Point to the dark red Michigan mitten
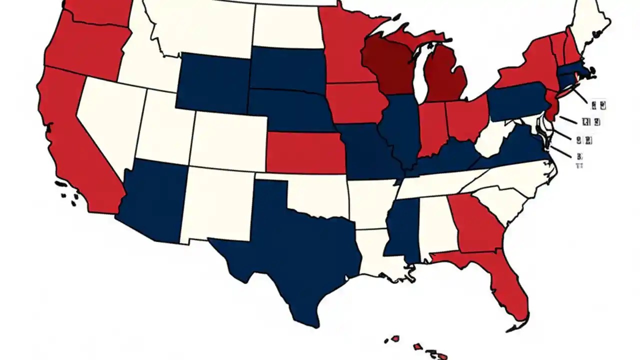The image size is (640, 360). (445, 75)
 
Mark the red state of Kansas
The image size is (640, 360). (305, 152)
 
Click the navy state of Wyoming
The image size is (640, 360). (212, 82)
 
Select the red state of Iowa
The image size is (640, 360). (355, 102)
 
